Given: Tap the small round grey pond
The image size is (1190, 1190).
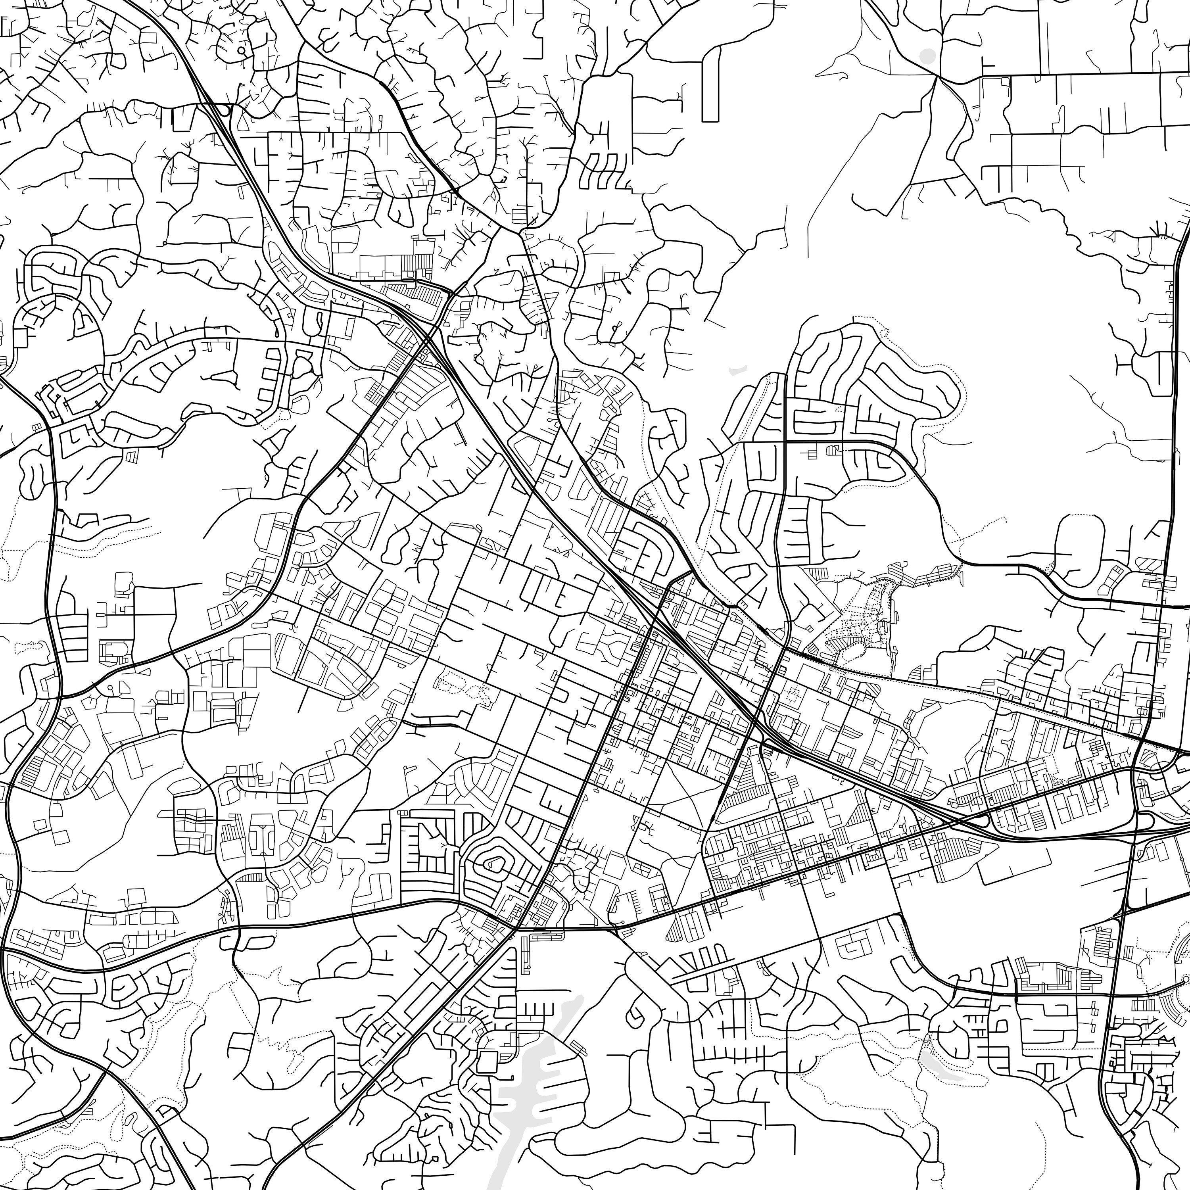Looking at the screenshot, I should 927,56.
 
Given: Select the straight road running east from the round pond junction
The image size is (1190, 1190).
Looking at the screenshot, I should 1059,74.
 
